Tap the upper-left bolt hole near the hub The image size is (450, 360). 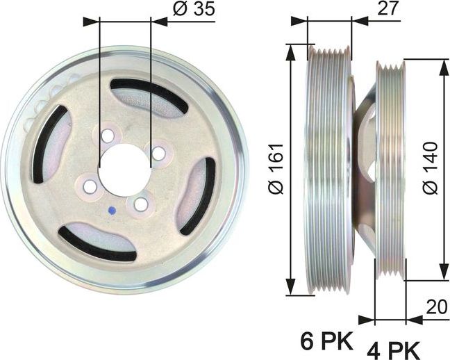point(107,134)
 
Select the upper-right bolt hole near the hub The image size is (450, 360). point(159,152)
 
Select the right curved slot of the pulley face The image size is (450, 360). point(199,195)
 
